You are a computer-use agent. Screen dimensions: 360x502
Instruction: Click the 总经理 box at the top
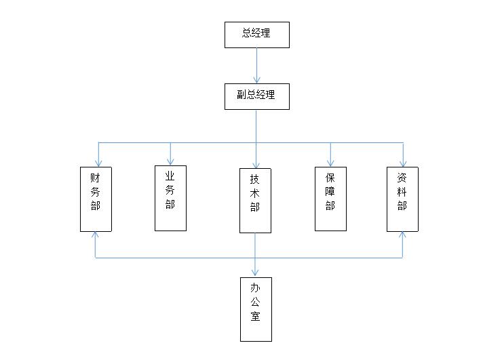(x=256, y=35)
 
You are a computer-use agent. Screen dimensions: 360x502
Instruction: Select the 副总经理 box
(x=256, y=96)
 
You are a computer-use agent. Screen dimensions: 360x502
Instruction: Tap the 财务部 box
(x=96, y=199)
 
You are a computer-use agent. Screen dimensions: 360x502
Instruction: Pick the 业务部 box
(x=170, y=198)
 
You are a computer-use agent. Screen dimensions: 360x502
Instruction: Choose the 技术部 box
(x=255, y=201)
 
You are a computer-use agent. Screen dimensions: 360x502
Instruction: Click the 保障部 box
(x=330, y=199)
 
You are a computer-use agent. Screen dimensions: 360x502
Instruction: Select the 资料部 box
(x=402, y=199)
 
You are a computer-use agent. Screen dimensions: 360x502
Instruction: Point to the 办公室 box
(x=256, y=308)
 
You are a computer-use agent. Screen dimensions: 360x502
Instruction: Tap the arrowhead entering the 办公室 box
(x=256, y=273)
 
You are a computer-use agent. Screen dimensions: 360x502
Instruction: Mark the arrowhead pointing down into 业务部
(x=170, y=161)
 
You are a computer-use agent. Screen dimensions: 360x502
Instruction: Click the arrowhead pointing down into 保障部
(x=330, y=163)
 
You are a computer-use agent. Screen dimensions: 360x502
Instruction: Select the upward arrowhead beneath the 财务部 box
(x=96, y=235)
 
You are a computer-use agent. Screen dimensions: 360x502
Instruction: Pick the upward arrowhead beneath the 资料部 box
(x=402, y=235)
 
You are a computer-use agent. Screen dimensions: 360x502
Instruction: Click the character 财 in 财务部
(x=96, y=178)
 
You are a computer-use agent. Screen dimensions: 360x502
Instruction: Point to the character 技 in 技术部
(x=255, y=179)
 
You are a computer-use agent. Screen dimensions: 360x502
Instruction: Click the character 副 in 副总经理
(x=242, y=95)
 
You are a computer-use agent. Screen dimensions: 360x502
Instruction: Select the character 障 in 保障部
(x=330, y=191)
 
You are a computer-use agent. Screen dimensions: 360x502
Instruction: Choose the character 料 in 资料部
(x=402, y=191)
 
